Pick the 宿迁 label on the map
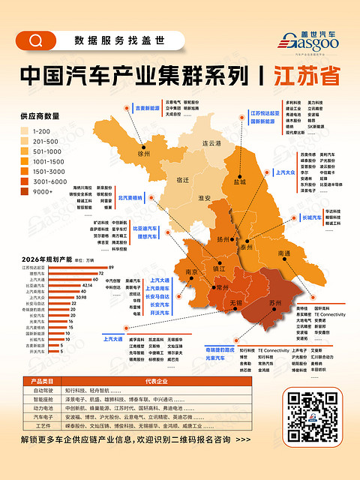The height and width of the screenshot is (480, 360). click(x=182, y=180)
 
